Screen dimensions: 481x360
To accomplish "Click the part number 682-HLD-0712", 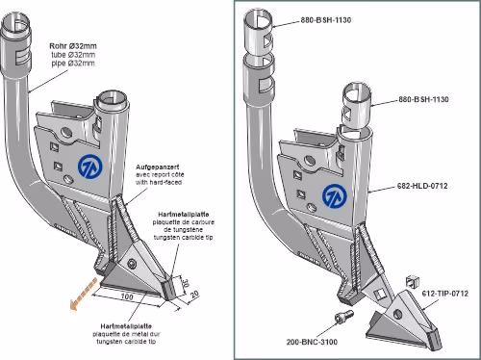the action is tap(422, 186).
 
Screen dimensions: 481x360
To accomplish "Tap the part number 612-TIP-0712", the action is tap(445, 294).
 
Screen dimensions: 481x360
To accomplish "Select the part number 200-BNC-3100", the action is tap(312, 342).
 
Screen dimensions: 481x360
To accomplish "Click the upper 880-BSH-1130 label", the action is tap(326, 20).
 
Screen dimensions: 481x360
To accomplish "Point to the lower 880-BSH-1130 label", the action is tap(423, 99).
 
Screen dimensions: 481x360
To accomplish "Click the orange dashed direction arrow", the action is tap(84, 295).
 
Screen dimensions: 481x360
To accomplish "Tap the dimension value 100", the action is tap(127, 296).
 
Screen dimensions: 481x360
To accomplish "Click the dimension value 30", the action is tap(185, 283).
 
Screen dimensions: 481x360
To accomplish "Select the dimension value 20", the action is tap(194, 295).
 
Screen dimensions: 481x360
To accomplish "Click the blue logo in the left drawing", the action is tap(90, 167).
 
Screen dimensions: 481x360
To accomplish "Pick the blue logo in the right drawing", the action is tap(335, 195).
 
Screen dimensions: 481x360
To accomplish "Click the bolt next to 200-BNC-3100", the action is tap(343, 318).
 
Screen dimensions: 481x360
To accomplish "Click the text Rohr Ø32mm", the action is tap(73, 46).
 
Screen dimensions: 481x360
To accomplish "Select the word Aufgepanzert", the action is tap(158, 167).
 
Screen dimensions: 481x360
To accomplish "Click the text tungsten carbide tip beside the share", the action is tap(183, 238).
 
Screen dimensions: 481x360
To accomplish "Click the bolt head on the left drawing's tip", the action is tap(132, 264).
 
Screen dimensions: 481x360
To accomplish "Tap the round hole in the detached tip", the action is tap(397, 314).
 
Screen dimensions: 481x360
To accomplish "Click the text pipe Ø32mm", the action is tap(73, 64).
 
